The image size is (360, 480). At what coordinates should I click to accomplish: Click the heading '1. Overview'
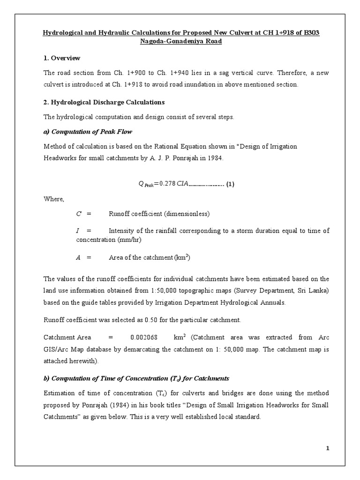(62, 58)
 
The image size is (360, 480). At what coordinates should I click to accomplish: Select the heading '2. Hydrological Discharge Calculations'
(104, 102)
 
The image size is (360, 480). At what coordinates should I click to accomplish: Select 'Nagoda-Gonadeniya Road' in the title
(180, 41)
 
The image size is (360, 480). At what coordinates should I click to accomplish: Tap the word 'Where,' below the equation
(53, 199)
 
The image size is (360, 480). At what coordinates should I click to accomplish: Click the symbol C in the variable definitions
(79, 214)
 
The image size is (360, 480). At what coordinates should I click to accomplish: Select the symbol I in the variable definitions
(78, 231)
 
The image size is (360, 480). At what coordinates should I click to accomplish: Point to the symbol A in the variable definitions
(78, 257)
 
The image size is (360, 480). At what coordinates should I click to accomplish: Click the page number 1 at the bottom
(328, 449)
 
